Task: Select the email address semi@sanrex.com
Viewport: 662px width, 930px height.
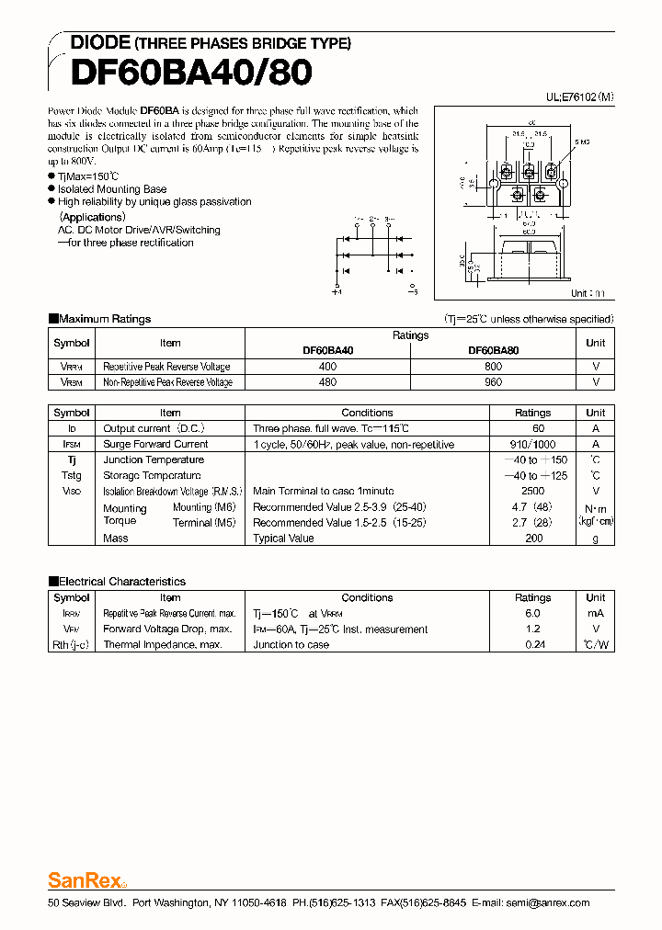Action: (546, 902)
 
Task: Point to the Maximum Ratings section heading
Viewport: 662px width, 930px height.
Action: (104, 319)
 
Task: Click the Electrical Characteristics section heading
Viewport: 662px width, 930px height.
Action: (121, 581)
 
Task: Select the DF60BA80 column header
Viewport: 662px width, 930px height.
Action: (493, 350)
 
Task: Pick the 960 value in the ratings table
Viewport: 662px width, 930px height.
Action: (493, 381)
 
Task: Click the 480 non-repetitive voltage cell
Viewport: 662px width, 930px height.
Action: (327, 381)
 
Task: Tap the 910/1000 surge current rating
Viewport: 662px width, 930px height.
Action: (532, 444)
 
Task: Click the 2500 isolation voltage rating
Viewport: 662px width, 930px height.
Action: (532, 491)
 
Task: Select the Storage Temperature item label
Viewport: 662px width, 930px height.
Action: (152, 475)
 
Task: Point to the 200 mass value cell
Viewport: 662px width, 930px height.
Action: (532, 538)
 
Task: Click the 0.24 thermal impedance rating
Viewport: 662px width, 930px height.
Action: (532, 644)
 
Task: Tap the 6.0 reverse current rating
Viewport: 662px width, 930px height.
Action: (532, 613)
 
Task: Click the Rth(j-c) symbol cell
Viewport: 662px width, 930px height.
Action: (71, 644)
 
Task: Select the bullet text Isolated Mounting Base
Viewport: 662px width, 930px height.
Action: (112, 188)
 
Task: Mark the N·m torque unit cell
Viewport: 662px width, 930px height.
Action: (596, 508)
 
